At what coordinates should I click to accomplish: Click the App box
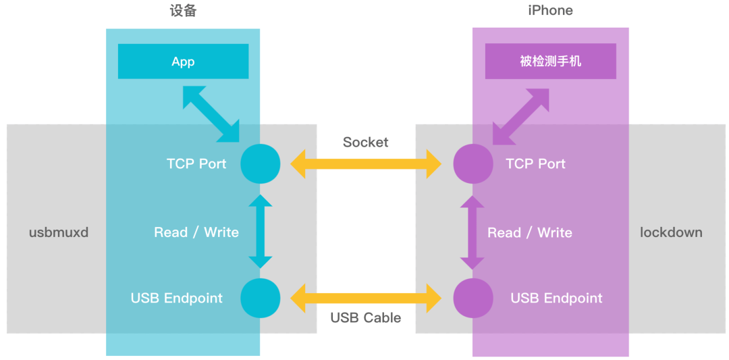(183, 61)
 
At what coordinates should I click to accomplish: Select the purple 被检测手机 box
(550, 61)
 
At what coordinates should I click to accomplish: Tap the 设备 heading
(182, 11)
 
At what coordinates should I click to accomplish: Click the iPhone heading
(550, 11)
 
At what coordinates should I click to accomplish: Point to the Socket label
(365, 142)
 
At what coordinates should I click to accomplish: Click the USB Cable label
(365, 317)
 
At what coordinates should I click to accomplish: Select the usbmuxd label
(59, 232)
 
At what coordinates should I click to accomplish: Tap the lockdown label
(671, 232)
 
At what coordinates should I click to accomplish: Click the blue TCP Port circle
(261, 163)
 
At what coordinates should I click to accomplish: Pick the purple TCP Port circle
(473, 163)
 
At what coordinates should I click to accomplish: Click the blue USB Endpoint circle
(261, 298)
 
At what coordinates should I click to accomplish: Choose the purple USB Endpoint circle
(473, 298)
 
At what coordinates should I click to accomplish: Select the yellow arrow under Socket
(366, 164)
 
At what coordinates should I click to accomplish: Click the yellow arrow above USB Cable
(366, 298)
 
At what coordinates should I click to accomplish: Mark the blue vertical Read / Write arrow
(261, 231)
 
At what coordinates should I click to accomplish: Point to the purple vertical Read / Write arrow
(473, 231)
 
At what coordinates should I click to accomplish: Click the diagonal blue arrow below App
(211, 115)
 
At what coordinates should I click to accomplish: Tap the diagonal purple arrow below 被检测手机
(520, 115)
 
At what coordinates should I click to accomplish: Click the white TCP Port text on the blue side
(196, 163)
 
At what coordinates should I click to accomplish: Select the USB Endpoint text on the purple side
(556, 298)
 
